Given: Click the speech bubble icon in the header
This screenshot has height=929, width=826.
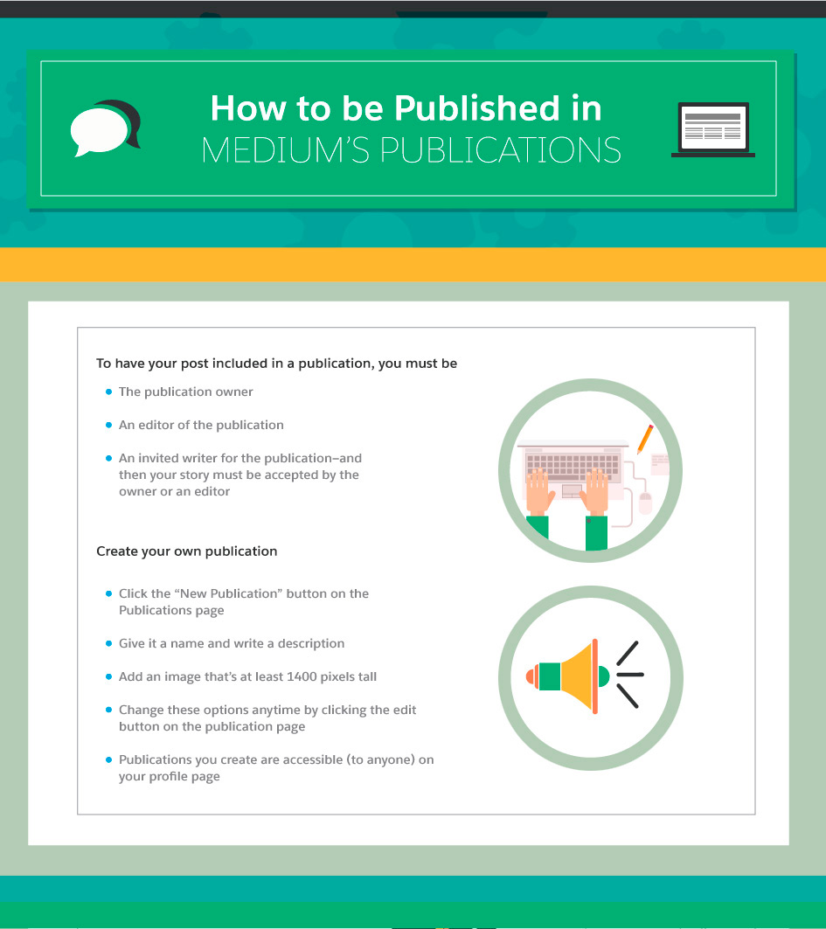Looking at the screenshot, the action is pos(105,128).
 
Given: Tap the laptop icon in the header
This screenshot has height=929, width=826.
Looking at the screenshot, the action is pos(713,129).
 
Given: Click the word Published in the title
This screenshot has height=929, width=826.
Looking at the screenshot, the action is pos(477,108).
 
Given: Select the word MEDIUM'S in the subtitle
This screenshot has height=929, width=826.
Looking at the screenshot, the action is pos(286,150).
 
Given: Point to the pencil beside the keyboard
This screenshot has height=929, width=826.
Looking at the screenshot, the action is pos(645,439).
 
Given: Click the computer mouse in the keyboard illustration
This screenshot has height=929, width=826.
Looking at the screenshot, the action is pos(645,503).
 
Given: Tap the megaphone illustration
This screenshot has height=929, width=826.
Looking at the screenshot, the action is pos(584,676).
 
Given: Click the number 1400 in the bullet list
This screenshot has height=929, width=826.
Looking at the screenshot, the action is pos(302,676).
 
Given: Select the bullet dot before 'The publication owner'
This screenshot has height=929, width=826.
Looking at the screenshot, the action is pos(108,392).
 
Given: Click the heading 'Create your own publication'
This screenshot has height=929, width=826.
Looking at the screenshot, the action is pos(187,551).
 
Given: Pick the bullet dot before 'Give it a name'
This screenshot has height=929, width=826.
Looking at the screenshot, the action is pos(108,643).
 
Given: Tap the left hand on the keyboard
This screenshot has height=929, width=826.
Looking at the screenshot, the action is pos(539,492).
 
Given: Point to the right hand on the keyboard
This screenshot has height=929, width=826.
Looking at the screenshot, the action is pos(595,492).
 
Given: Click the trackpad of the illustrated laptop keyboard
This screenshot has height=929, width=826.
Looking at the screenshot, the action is pos(572,490).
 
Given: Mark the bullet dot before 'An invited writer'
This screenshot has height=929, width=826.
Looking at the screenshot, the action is pos(108,458).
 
